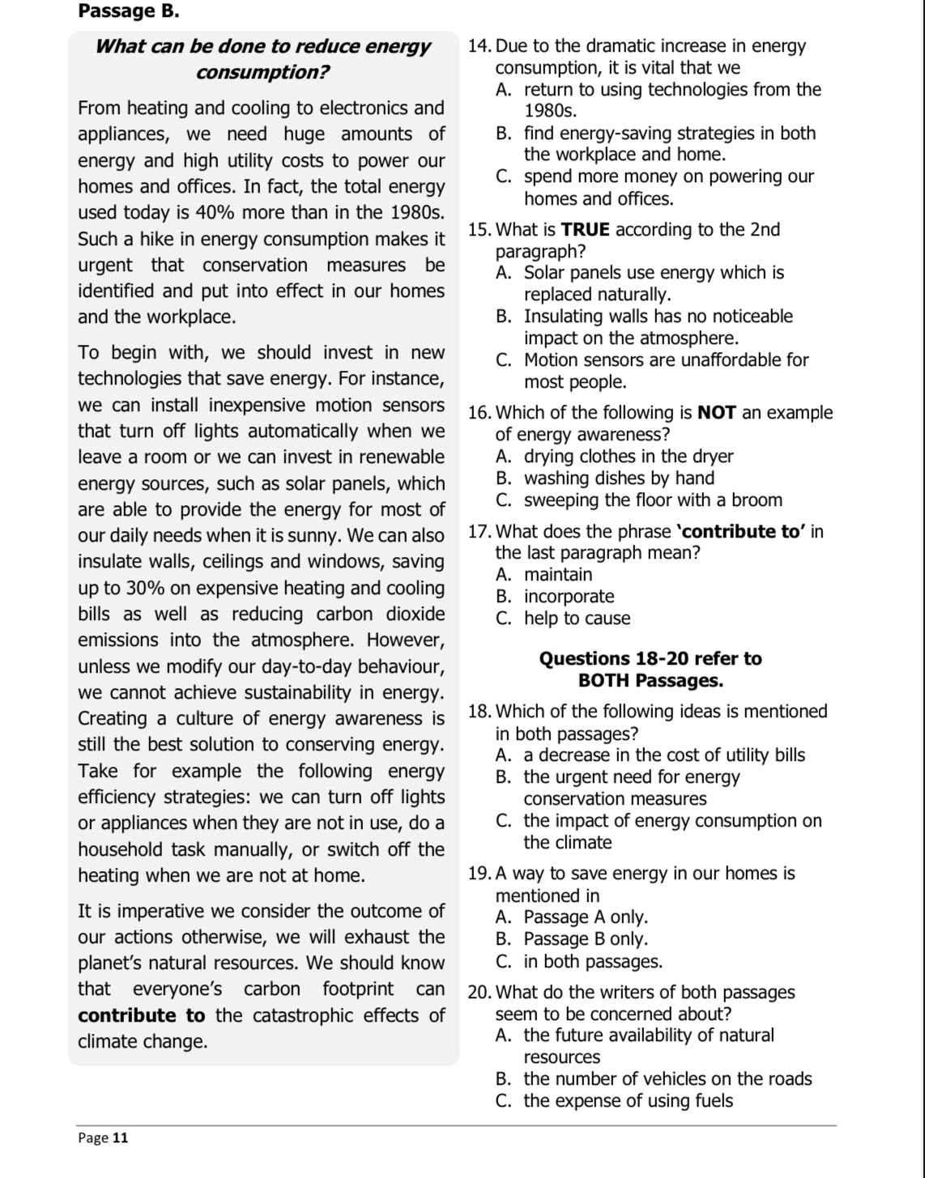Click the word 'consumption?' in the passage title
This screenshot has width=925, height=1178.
point(262,72)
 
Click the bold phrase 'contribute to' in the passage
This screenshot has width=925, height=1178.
point(142,1015)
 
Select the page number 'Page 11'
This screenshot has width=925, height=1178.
point(103,1138)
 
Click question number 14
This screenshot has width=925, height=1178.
point(480,46)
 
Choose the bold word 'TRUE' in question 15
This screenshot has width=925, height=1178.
point(585,230)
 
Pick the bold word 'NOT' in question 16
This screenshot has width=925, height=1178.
point(716,413)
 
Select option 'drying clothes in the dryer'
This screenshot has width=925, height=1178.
point(628,457)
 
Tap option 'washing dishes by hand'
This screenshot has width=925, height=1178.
point(619,478)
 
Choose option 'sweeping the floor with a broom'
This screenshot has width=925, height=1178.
point(652,500)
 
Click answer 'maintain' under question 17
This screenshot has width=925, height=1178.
point(557,575)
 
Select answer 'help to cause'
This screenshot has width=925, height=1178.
point(576,619)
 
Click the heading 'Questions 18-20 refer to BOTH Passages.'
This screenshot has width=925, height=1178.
point(650,670)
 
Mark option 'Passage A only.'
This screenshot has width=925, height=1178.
point(585,917)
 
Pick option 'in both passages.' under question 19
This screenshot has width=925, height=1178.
point(592,962)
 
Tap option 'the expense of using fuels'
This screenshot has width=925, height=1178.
point(628,1101)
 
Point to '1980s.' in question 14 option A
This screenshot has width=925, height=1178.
point(551,112)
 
